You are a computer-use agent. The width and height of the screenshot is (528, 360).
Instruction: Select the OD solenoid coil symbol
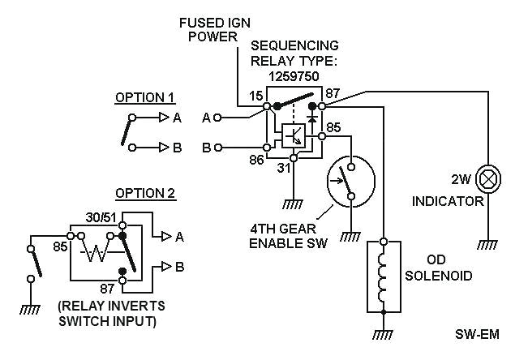384,276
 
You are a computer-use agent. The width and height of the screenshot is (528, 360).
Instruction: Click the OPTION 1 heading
144,98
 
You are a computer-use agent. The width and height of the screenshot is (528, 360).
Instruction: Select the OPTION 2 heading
144,194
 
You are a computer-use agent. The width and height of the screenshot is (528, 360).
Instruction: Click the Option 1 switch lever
127,130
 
